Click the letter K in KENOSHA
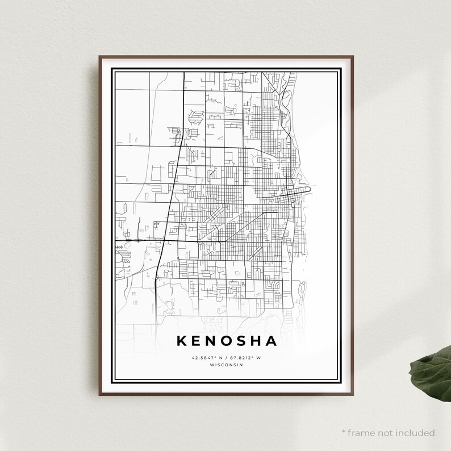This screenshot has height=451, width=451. coord(182,341)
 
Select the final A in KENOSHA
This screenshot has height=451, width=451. coord(271,341)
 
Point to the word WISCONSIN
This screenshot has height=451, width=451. coord(227,365)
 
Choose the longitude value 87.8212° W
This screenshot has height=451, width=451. coord(246,358)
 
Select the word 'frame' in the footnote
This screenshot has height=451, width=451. coord(362,433)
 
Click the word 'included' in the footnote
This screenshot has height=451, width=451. coord(416,433)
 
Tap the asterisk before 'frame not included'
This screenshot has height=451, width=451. coord(344,432)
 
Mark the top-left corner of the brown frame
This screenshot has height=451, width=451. coord(99,57)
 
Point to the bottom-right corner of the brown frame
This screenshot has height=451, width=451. coord(353,394)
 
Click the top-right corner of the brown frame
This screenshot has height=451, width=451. coord(353,57)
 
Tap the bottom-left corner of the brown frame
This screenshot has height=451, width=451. coord(99,394)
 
